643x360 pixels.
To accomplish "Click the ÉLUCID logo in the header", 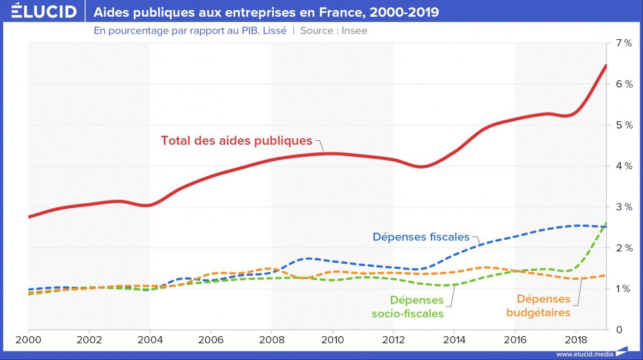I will (40, 12).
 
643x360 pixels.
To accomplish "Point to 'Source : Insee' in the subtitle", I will (334, 30).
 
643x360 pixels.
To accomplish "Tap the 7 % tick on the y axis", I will (624, 43).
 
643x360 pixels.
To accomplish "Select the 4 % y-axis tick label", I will (624, 166).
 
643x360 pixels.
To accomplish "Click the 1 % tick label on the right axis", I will (624, 289).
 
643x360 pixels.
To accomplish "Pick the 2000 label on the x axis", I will (28, 339).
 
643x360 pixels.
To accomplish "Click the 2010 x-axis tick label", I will (332, 339).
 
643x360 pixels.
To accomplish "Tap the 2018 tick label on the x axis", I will (575, 339).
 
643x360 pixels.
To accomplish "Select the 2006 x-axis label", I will (211, 339).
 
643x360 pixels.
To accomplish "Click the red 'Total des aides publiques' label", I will (236, 140).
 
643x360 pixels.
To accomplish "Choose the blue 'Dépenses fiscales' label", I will (421, 237).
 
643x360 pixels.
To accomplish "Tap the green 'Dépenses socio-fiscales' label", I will (417, 307).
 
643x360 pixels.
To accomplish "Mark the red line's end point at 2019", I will (606, 66).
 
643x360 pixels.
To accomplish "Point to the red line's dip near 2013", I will (421, 166).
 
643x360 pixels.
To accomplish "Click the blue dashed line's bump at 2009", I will (309, 258).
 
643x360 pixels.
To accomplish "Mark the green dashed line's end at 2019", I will (606, 223).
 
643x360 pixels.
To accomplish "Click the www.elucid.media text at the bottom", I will (584, 354).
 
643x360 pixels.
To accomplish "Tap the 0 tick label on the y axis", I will (618, 330).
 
